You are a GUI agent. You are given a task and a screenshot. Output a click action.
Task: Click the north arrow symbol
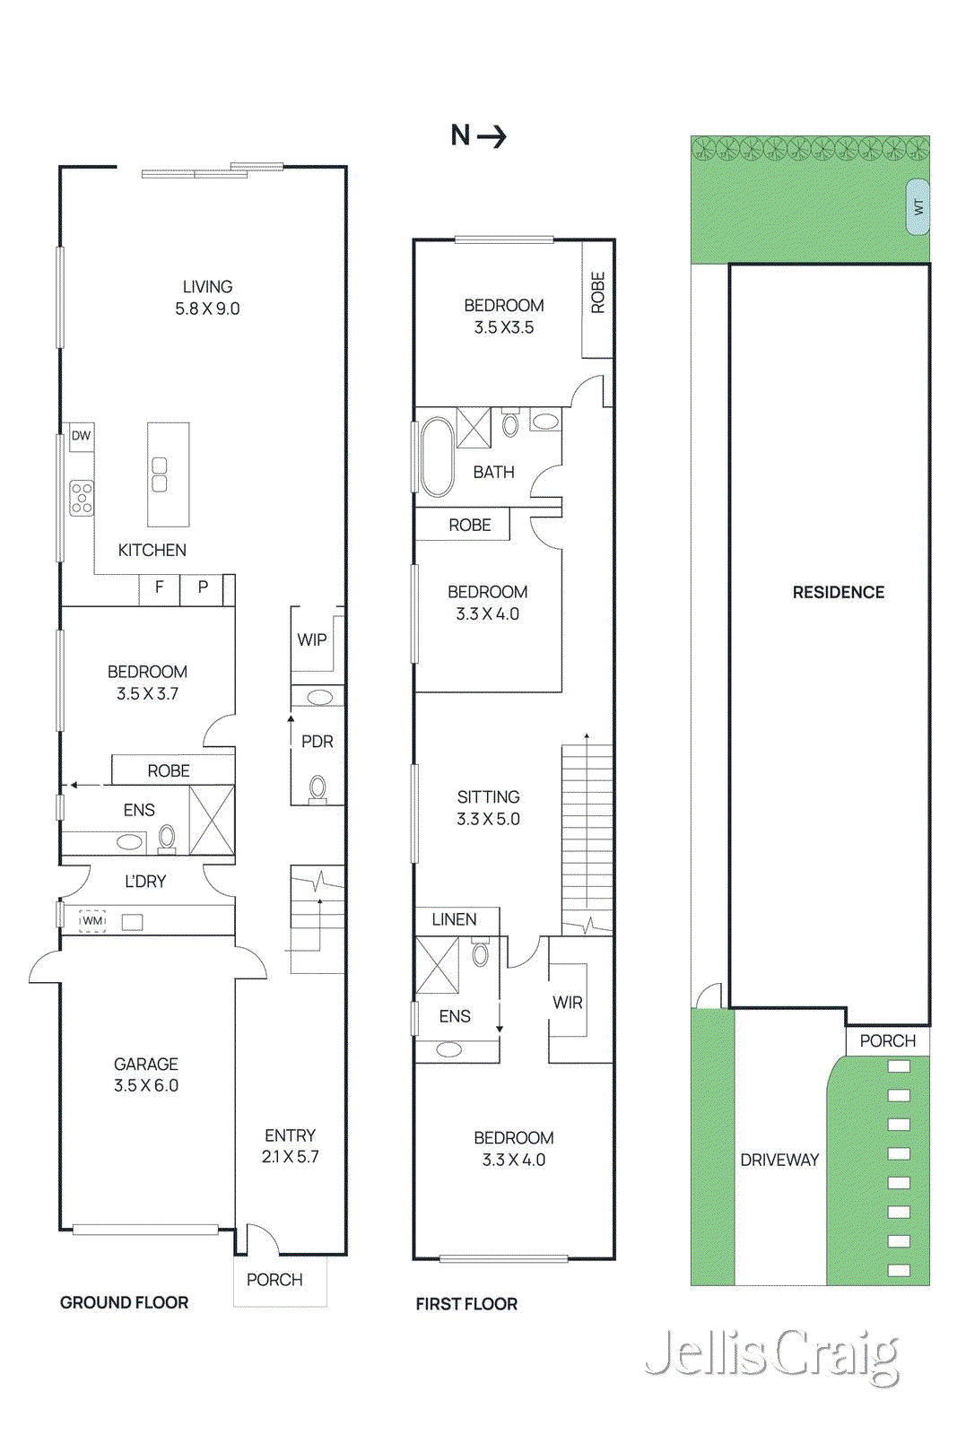pos(479,135)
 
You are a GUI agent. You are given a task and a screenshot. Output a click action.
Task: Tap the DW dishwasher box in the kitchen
pos(81,436)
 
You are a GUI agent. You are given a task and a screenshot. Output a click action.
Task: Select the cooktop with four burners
pos(82,498)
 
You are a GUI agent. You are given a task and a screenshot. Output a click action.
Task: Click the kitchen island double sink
pos(160,474)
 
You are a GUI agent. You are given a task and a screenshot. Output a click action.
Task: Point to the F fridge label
pos(160,587)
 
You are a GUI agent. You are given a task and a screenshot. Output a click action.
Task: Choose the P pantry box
pos(203,587)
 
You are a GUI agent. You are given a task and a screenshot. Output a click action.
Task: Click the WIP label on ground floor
pos(312,639)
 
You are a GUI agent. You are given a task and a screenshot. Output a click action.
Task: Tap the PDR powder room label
pos(317,742)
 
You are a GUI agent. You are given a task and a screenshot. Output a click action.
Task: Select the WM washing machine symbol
pos(92,921)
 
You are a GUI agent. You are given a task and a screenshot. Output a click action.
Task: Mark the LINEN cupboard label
pos(454,919)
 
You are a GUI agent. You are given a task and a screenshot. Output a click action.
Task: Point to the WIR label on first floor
pos(567,1003)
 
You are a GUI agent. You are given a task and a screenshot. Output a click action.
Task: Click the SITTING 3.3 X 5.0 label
pos(488,807)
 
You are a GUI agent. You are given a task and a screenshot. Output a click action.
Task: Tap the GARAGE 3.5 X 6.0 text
pos(145,1074)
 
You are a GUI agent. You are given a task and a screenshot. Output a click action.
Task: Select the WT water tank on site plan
pos(918,207)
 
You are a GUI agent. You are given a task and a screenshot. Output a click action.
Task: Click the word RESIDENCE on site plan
pos(838,592)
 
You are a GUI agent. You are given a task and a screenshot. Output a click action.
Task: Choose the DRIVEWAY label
pos(779,1160)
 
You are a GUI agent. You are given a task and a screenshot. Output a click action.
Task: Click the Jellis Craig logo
pos(772,1354)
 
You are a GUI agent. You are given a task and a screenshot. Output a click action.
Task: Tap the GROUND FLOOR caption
pos(124,1302)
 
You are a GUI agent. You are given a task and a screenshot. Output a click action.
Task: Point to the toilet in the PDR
pos(318,789)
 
